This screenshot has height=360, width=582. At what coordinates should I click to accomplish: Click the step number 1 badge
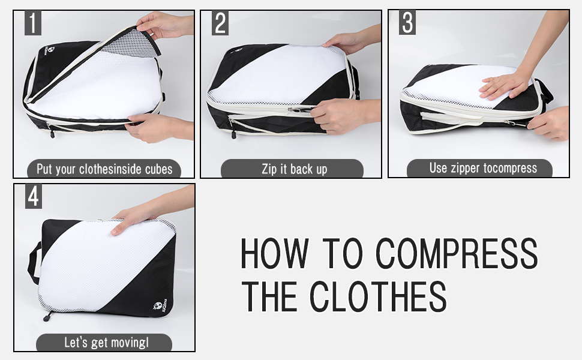click(32, 23)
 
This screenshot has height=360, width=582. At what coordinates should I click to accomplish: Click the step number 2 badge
click(220, 23)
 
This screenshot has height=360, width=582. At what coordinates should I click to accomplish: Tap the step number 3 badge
click(407, 23)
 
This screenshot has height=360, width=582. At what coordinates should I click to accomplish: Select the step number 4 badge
click(34, 196)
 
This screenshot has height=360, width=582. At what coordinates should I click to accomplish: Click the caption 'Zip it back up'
click(295, 169)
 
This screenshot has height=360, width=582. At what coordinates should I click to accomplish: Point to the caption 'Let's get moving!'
click(106, 343)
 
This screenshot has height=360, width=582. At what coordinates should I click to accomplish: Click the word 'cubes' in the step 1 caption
click(158, 169)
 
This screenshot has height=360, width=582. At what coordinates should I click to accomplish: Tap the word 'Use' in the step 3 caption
click(439, 168)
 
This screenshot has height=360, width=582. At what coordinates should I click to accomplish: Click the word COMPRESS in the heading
click(457, 253)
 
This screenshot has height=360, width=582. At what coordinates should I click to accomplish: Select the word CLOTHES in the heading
click(378, 296)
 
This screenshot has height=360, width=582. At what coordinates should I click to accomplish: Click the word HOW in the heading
click(274, 253)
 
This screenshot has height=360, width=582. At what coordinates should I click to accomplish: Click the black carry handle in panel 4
click(34, 262)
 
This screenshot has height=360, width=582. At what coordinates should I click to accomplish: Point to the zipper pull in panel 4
click(47, 317)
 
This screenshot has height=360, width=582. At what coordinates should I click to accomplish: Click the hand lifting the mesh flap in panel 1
click(163, 25)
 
